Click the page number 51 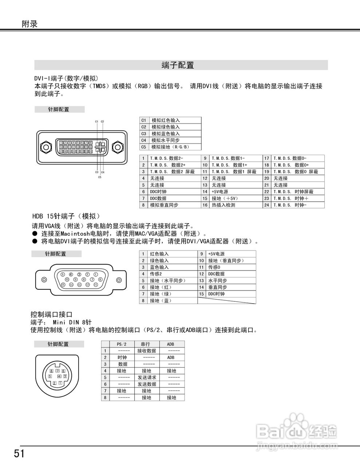coord(19,454)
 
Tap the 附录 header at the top coord(29,24)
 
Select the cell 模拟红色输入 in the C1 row coord(166,121)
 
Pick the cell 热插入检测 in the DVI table coord(223,205)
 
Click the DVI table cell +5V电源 coord(220,192)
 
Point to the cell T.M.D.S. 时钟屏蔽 coord(293,192)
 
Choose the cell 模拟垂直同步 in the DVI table coord(164,205)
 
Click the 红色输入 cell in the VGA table coord(159,254)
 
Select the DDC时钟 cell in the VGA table coord(216,294)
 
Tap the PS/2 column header coord(122,344)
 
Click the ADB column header coord(170,344)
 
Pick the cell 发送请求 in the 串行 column coord(147,378)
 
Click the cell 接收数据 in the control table coord(147,351)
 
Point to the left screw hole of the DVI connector coord(46,147)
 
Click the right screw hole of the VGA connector coord(119,280)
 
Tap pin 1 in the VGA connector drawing coord(95,275)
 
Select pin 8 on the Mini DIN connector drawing coord(51,371)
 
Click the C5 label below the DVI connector coord(100,177)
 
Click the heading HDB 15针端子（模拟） coord(66,216)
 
